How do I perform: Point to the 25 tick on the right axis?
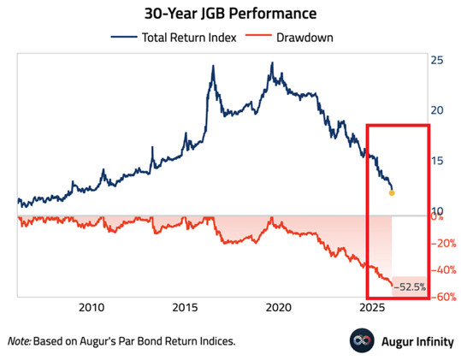(436, 61)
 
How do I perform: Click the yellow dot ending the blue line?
(392, 192)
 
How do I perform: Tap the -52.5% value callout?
(409, 287)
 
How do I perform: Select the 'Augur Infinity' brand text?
(412, 339)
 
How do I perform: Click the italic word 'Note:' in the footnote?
(20, 340)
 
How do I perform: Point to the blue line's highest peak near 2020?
(272, 63)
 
